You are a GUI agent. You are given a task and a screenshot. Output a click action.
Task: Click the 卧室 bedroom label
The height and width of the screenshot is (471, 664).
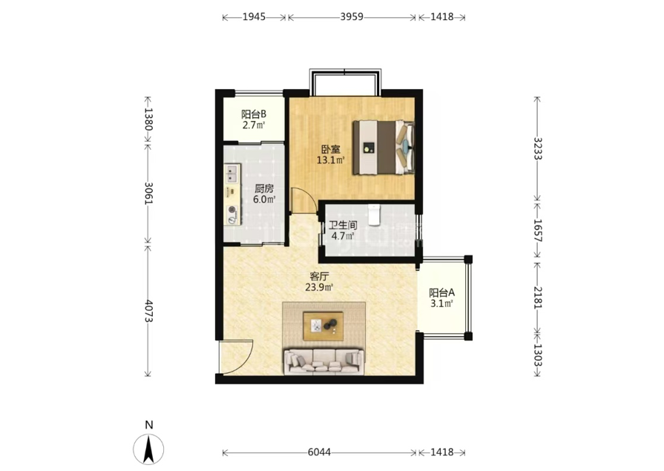point(331,150)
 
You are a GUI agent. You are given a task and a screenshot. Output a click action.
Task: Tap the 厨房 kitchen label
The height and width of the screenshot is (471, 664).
point(264,188)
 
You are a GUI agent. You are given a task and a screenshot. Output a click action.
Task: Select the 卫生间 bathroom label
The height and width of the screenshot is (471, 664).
point(343,225)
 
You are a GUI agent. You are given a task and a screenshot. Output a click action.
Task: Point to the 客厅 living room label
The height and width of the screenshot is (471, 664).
point(319,277)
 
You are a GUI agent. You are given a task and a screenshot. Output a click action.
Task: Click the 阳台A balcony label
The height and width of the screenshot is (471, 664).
point(441,293)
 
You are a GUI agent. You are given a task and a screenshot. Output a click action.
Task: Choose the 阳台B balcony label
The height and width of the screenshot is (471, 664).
point(254,114)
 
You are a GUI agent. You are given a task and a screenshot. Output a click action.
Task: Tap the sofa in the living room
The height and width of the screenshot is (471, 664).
point(324,361)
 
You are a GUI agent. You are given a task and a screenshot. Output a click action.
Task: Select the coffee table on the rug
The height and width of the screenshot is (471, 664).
point(323,326)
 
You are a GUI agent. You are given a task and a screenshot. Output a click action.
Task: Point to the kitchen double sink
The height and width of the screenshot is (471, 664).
point(231,174)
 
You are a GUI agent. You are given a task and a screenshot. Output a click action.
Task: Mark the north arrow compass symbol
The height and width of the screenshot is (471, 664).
point(148,449)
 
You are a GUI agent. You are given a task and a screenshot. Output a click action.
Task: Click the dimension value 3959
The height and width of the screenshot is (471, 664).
point(352,17)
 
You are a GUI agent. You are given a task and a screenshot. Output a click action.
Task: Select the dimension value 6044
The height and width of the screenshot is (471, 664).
point(319,452)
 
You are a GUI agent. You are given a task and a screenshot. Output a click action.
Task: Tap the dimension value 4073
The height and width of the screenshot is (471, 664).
point(148,311)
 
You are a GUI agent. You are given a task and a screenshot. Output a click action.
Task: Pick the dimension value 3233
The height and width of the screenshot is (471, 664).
point(537,148)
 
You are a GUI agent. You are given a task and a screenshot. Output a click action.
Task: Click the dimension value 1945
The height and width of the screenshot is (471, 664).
point(254,17)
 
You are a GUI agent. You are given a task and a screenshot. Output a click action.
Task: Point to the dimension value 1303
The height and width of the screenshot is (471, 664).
point(537,355)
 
